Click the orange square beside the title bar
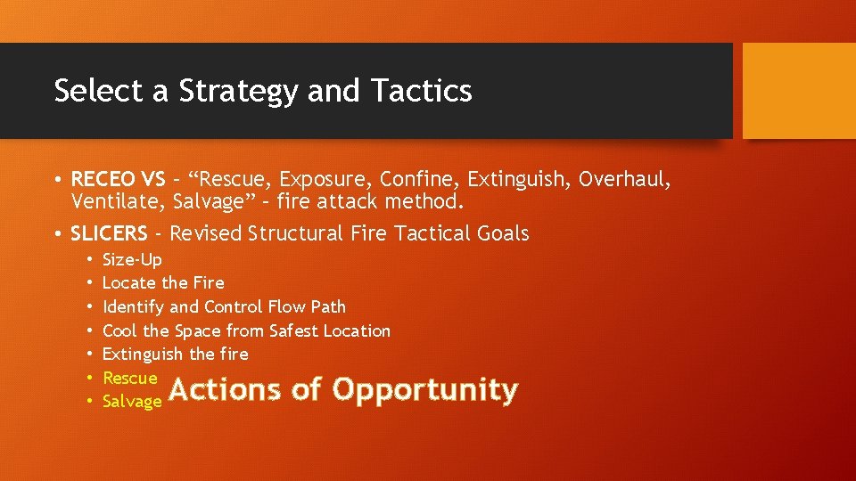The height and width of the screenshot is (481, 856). point(798,90)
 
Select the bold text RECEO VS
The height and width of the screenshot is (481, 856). point(118,180)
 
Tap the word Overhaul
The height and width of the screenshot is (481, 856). point(624,180)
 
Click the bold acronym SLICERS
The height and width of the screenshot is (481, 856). point(109,233)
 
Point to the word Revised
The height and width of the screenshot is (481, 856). point(206,233)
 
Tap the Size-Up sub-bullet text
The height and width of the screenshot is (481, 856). point(132,259)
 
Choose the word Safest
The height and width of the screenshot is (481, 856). point(288,330)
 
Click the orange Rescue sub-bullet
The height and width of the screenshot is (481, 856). point(129,378)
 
